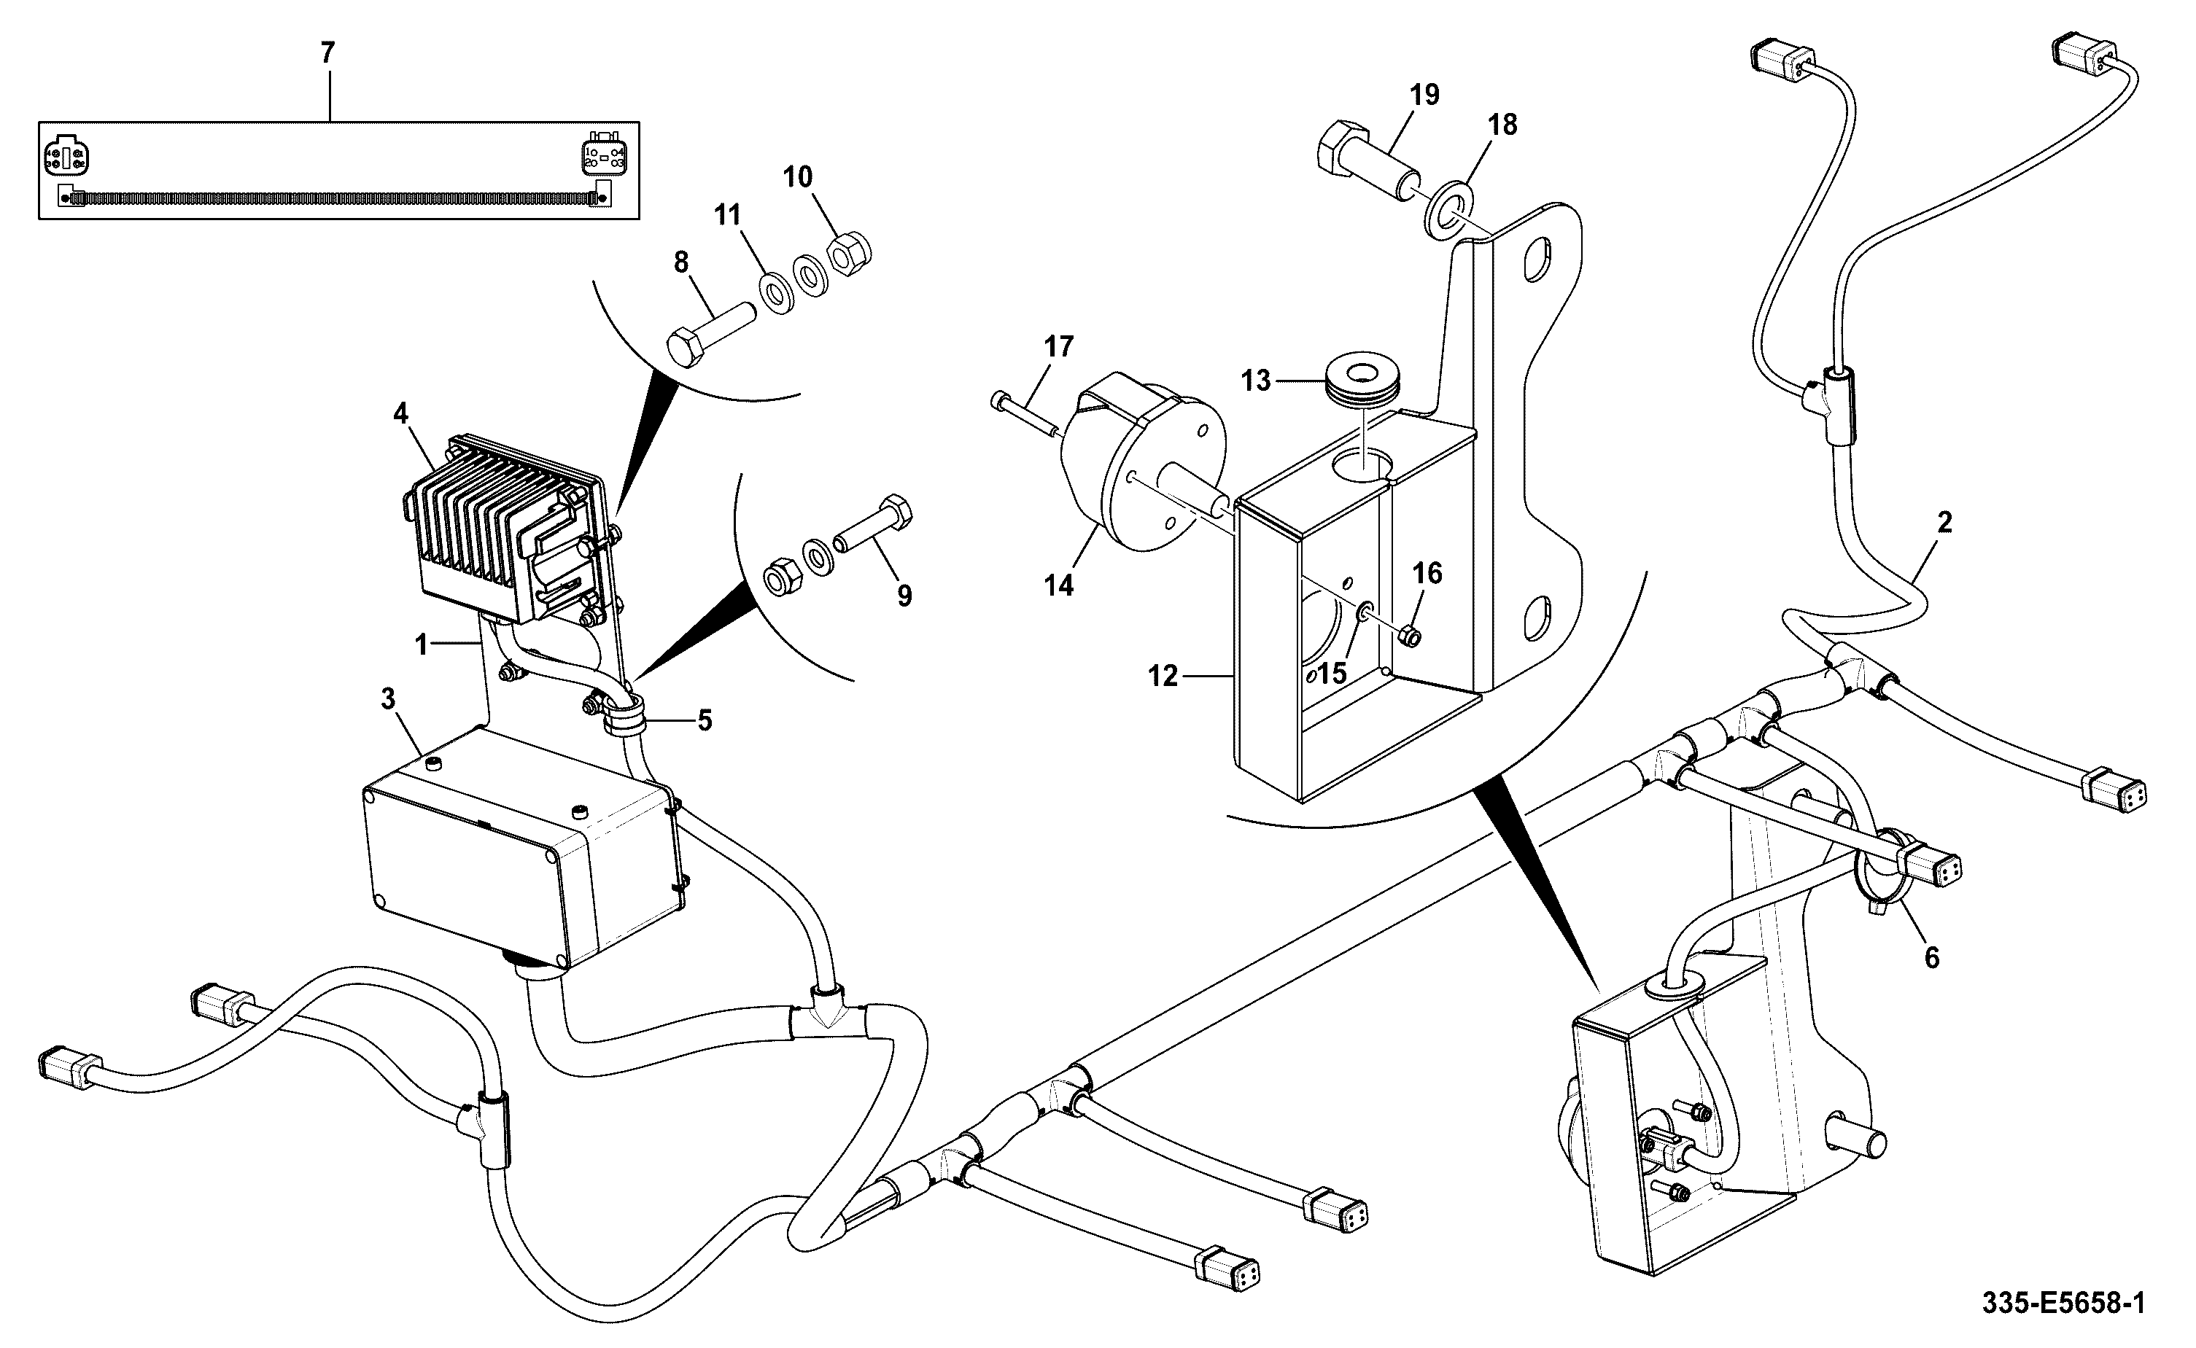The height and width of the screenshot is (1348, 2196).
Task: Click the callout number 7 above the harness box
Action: [x=328, y=53]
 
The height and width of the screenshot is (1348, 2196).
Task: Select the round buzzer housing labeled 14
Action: [x=1142, y=472]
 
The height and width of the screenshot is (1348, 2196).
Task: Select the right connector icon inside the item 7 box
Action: [x=604, y=156]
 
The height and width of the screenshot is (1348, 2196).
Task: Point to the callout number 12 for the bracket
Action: [x=1163, y=677]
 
